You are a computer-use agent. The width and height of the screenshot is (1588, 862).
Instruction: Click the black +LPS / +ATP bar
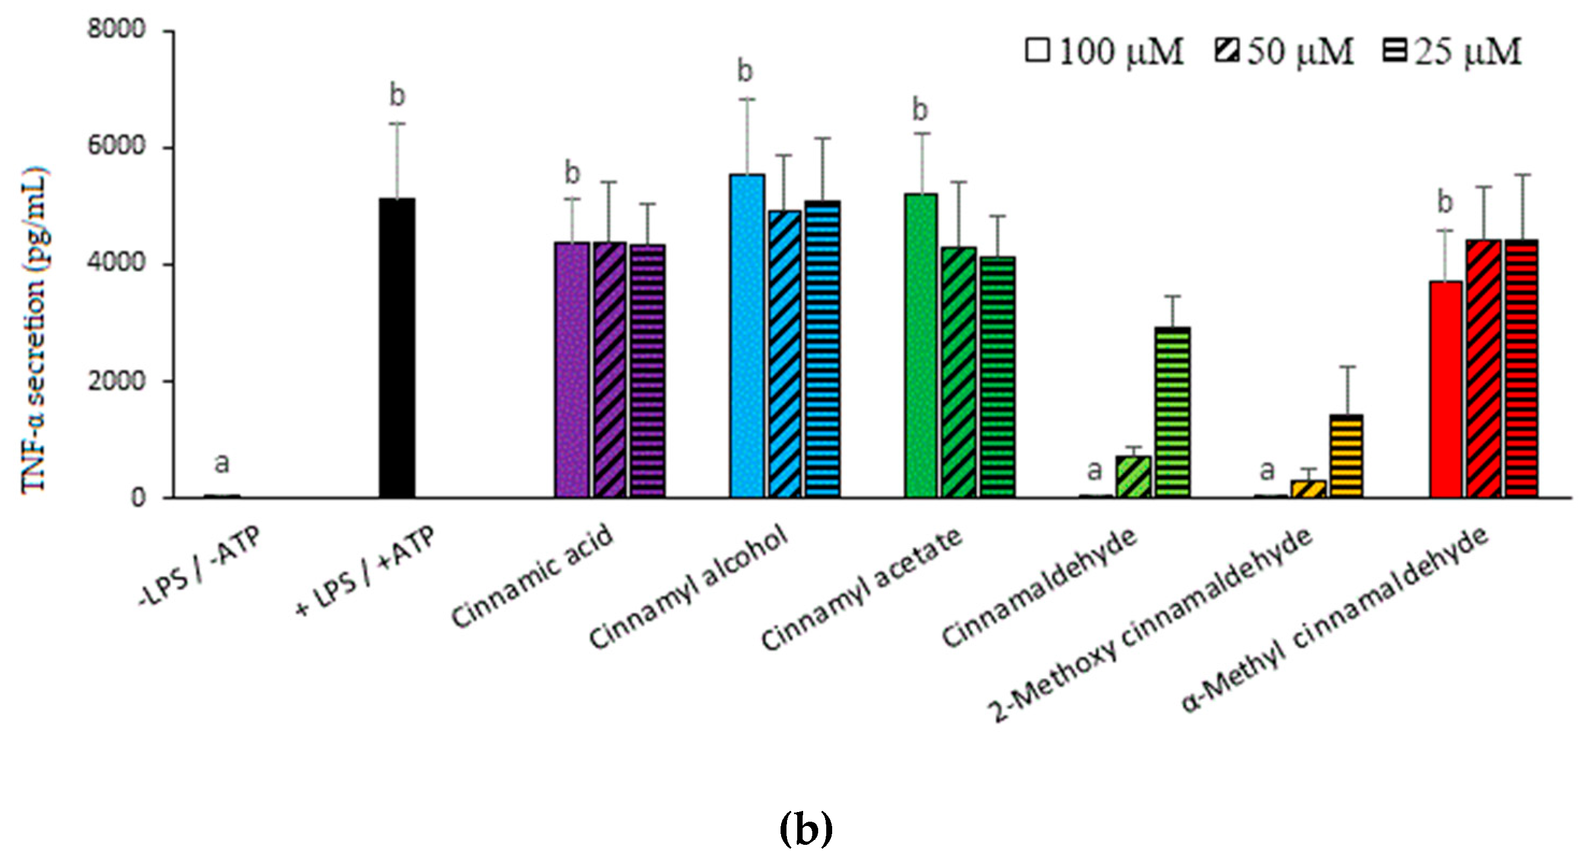[397, 348]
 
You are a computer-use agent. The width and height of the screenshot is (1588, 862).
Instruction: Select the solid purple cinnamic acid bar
[572, 370]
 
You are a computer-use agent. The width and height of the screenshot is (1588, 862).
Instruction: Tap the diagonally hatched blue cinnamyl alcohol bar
[785, 354]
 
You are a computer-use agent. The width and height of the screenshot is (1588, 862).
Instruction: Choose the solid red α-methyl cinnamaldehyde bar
[1445, 390]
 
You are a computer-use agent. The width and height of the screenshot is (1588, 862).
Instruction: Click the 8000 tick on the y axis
[117, 29]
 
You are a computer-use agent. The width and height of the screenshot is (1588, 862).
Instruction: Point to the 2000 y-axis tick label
[117, 381]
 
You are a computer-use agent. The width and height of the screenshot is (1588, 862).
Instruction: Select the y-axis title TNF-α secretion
[34, 329]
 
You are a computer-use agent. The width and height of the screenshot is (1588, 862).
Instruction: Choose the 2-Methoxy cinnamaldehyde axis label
[1150, 626]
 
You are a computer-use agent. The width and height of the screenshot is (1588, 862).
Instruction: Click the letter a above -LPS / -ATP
[222, 463]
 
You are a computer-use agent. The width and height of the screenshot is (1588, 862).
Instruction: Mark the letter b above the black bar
[398, 96]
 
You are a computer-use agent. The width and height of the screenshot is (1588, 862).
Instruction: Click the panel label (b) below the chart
[806, 829]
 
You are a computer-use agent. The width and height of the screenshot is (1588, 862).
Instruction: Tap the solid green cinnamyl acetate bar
[921, 345]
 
